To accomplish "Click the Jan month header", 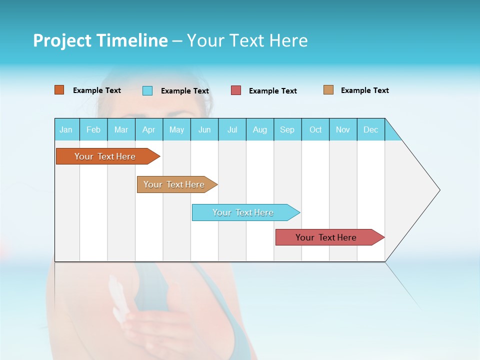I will pyautogui.click(x=66, y=129).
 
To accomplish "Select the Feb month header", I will pyautogui.click(x=93, y=129).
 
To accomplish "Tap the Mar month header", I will pyautogui.click(x=121, y=129).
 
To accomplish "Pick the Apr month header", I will pyautogui.click(x=149, y=129).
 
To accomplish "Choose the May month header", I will pyautogui.click(x=176, y=129).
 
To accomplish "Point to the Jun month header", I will pyautogui.click(x=204, y=129).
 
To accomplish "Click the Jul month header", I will pyautogui.click(x=232, y=129).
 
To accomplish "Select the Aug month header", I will pyautogui.click(x=260, y=129).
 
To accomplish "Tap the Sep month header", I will pyautogui.click(x=287, y=129).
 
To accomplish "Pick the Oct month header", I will pyautogui.click(x=315, y=129).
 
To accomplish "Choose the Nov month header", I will pyautogui.click(x=343, y=129).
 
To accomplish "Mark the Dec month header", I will pyautogui.click(x=371, y=129).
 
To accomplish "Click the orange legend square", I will pyautogui.click(x=59, y=90).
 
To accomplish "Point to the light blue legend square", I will pyautogui.click(x=147, y=90).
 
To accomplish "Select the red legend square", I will pyautogui.click(x=236, y=90).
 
